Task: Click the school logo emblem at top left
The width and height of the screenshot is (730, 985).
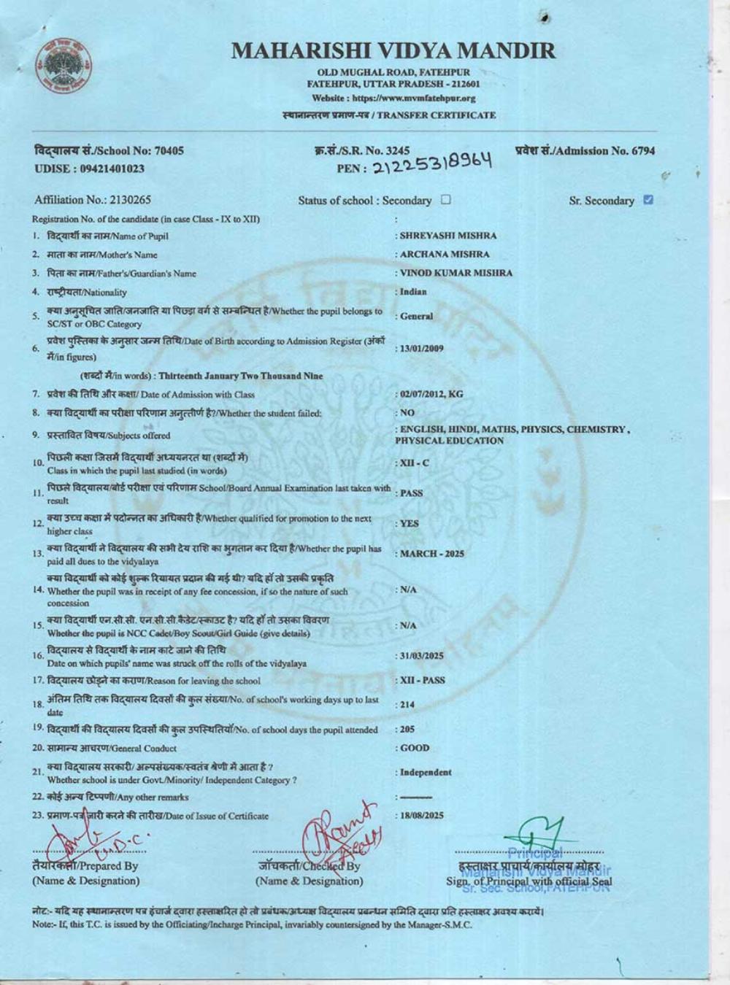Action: click(x=64, y=68)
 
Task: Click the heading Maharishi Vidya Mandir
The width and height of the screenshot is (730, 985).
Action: click(x=393, y=50)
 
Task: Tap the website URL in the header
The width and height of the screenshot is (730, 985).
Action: click(x=393, y=98)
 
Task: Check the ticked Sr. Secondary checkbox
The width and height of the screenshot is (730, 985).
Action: click(x=648, y=200)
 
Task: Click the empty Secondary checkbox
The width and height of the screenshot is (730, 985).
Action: click(x=446, y=200)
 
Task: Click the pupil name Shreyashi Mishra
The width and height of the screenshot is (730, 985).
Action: click(x=447, y=236)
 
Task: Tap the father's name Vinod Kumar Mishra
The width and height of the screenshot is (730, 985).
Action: click(x=456, y=273)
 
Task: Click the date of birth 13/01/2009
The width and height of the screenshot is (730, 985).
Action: click(x=421, y=349)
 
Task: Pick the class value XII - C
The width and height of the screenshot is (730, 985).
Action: click(x=414, y=463)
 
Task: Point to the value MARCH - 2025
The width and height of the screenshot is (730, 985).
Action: click(x=431, y=554)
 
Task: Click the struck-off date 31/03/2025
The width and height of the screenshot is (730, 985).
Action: click(x=421, y=656)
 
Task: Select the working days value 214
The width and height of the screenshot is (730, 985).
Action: click(x=407, y=705)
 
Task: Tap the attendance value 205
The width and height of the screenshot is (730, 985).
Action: click(x=407, y=730)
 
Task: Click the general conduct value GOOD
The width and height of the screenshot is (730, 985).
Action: click(x=414, y=748)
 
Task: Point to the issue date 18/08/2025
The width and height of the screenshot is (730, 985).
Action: click(x=421, y=816)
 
